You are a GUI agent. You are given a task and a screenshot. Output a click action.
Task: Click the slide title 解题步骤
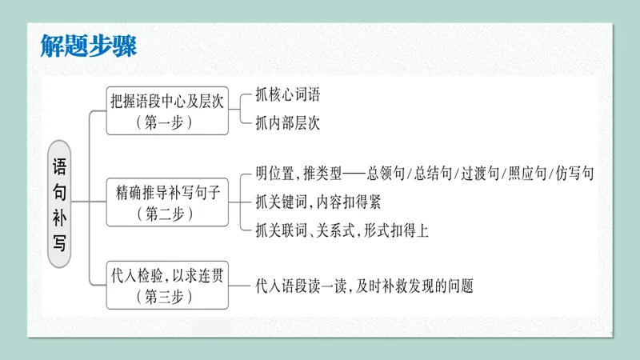(x=88, y=45)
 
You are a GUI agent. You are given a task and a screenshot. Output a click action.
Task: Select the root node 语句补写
(x=59, y=200)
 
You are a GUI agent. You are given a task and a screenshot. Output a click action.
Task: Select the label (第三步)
(x=167, y=297)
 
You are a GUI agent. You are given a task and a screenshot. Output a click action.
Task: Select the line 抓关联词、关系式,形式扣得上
(x=342, y=230)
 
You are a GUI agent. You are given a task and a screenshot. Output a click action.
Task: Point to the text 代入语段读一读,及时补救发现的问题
(x=364, y=285)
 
